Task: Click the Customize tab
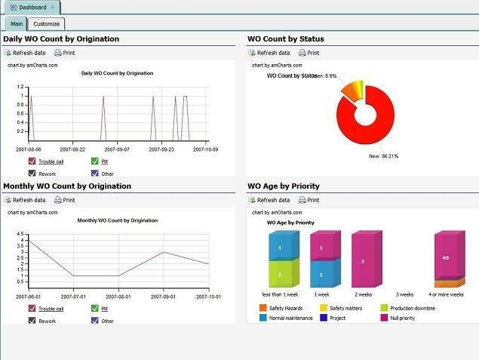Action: pos(46,24)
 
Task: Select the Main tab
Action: pos(16,24)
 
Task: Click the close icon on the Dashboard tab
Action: pos(52,8)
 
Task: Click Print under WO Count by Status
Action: pos(309,53)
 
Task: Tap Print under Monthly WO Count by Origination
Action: pos(64,200)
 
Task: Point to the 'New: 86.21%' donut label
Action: pos(383,156)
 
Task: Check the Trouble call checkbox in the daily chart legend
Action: pos(32,161)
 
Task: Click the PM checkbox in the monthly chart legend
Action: pos(94,308)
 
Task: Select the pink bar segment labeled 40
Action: pos(445,257)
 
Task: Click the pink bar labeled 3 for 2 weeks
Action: pos(362,261)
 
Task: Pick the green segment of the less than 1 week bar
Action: pos(278,274)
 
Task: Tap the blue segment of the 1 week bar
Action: pos(321,274)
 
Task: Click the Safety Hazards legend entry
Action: pos(263,308)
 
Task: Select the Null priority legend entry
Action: pos(385,318)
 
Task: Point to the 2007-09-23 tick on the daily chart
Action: pos(160,149)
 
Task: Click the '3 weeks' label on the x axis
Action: pos(404,294)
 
